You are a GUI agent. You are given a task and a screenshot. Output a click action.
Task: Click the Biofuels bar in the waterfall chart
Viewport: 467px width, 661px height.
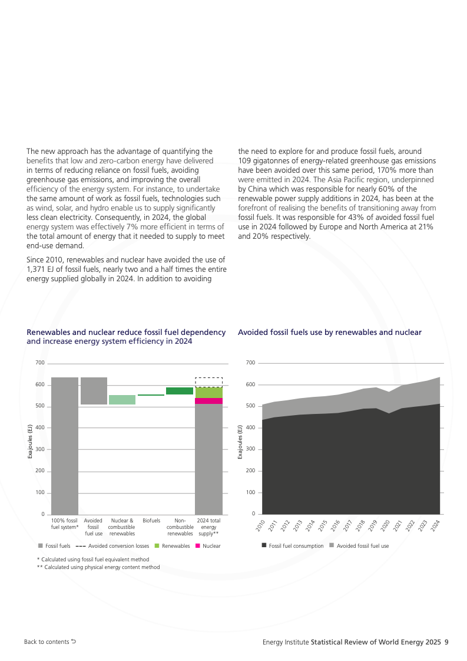[x=151, y=395]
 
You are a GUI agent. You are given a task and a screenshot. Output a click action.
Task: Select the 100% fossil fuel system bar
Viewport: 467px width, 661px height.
[x=65, y=445]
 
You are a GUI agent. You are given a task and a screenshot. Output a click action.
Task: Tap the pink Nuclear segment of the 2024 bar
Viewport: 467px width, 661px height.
[x=208, y=401]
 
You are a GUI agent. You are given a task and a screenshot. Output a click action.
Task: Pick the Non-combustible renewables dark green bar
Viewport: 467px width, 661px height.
[x=180, y=391]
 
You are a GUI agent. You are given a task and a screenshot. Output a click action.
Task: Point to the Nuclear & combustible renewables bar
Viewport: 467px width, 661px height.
[x=122, y=400]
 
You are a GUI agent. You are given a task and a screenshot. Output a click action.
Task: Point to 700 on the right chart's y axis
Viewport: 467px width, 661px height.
[x=251, y=363]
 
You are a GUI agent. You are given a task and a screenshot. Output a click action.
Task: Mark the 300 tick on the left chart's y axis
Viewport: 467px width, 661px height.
[x=39, y=449]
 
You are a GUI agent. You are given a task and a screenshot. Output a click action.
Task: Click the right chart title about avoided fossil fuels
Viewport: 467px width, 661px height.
[x=330, y=333]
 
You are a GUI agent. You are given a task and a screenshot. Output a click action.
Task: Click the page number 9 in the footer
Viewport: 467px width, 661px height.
[x=447, y=642]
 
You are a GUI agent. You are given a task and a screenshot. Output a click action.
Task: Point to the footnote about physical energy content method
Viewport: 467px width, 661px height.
[x=98, y=567]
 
